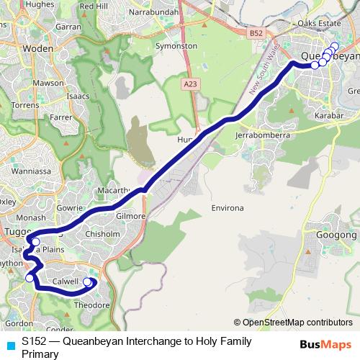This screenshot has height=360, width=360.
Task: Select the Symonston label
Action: coord(176,45)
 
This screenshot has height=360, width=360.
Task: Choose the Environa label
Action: coord(228,208)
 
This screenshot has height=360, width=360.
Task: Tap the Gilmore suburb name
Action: coord(130,215)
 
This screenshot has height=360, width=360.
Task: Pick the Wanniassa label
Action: coord(26,172)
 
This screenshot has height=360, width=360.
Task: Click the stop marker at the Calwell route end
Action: coord(88,282)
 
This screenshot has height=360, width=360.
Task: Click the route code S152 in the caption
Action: coord(36,342)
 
